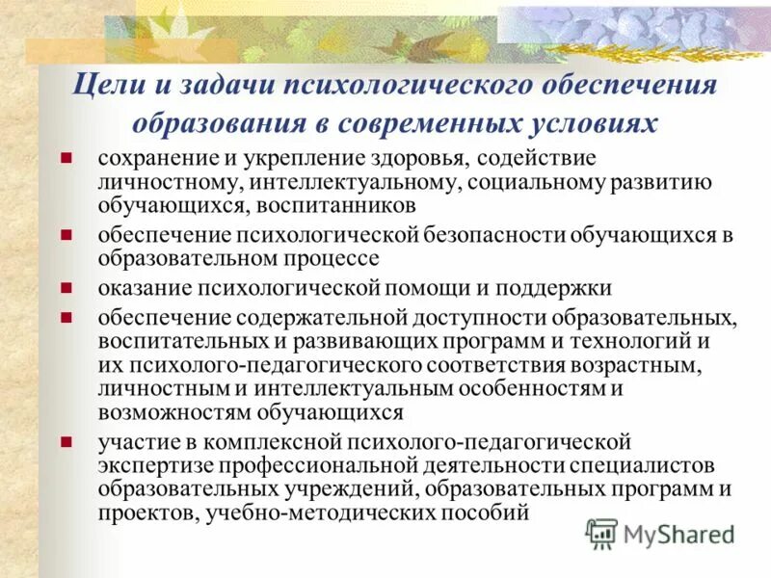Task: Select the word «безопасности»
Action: (497, 236)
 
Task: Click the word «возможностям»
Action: (175, 411)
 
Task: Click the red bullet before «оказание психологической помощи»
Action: (65, 288)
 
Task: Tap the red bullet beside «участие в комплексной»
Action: (65, 442)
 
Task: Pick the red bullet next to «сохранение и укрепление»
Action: (65, 157)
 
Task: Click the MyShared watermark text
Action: (678, 533)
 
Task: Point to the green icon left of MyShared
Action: (602, 533)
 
